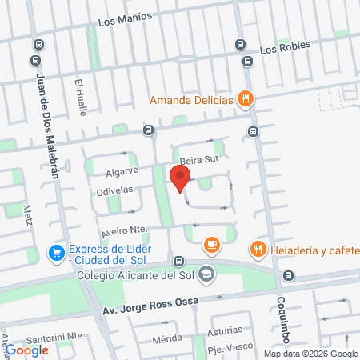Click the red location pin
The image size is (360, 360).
click(180, 183)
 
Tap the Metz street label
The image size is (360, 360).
click(28, 214)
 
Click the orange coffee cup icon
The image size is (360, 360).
click(211, 244)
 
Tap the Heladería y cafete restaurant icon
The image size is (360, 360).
click(258, 249)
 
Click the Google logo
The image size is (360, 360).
click(27, 350)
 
